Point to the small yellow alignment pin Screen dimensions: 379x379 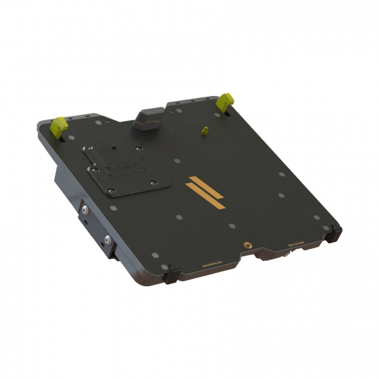(204, 131)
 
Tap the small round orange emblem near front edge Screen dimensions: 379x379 (247, 244)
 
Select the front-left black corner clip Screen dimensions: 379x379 (169, 276)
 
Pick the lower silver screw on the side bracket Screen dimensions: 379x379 (108, 240)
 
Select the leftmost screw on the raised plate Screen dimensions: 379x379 (93, 169)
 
